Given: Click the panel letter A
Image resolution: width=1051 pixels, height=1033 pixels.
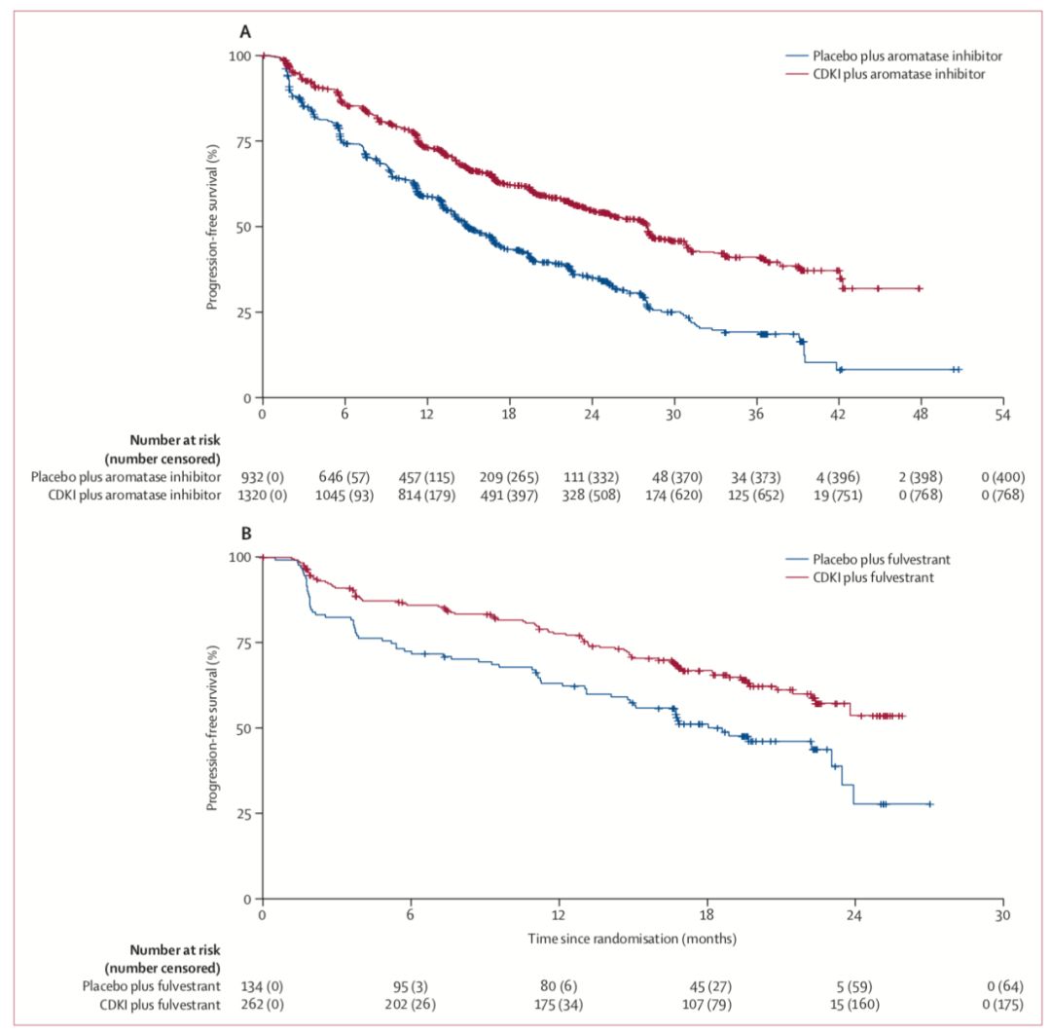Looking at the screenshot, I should tap(246, 31).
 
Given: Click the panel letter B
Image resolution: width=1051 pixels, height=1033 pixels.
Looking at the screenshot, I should tap(246, 534).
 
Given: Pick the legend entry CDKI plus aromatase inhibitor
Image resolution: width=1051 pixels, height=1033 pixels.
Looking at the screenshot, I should tap(899, 74).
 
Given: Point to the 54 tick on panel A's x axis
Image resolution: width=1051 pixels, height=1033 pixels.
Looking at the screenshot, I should tap(1002, 414).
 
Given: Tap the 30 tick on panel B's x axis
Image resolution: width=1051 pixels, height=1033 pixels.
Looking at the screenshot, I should tap(1002, 916).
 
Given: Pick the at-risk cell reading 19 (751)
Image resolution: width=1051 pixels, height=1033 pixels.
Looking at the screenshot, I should tap(840, 495).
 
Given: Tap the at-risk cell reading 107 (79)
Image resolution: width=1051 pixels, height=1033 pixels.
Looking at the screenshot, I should tap(707, 1003).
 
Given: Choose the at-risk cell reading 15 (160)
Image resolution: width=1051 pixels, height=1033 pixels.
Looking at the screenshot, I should tap(854, 1003).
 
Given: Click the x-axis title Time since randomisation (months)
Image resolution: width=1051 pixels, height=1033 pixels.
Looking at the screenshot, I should tap(632, 939).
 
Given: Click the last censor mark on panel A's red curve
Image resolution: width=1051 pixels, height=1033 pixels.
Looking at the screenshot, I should tap(919, 289).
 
